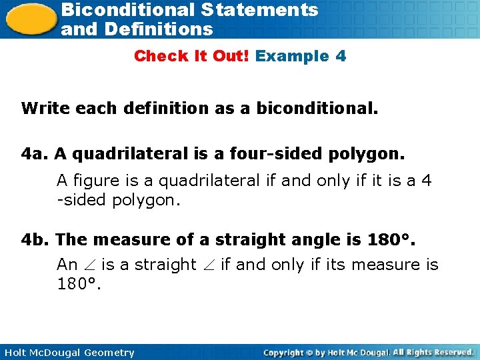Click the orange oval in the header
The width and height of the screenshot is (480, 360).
tap(29, 19)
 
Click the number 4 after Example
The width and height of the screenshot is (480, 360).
tap(341, 56)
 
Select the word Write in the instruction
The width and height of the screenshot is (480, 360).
tap(42, 108)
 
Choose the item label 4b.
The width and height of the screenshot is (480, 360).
tap(35, 239)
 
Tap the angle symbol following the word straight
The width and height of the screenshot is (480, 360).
tap(208, 265)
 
